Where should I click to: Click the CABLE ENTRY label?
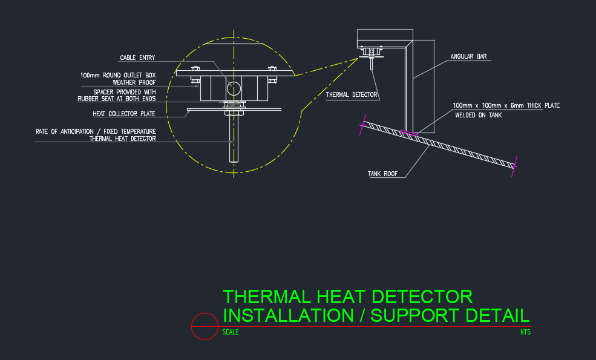[x=137, y=58]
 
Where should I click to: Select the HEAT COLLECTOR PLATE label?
[x=124, y=114]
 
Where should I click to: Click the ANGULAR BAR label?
[x=468, y=57]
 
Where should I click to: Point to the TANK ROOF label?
[x=382, y=174]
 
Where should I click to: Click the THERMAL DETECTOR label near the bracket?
[x=352, y=94]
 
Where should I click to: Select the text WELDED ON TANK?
[x=479, y=115]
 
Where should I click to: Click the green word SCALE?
[x=231, y=332]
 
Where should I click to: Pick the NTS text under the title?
[x=526, y=332]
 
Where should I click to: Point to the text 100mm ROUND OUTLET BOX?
[x=118, y=75]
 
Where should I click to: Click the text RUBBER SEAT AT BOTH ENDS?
[x=117, y=99]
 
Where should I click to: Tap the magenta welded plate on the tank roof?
[x=409, y=133]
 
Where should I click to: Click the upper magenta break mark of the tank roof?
[x=362, y=125]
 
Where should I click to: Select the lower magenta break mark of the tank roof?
[x=514, y=166]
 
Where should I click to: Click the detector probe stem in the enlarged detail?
[x=234, y=139]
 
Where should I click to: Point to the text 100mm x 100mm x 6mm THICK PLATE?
[x=506, y=106]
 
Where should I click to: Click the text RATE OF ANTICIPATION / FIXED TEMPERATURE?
[x=96, y=131]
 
